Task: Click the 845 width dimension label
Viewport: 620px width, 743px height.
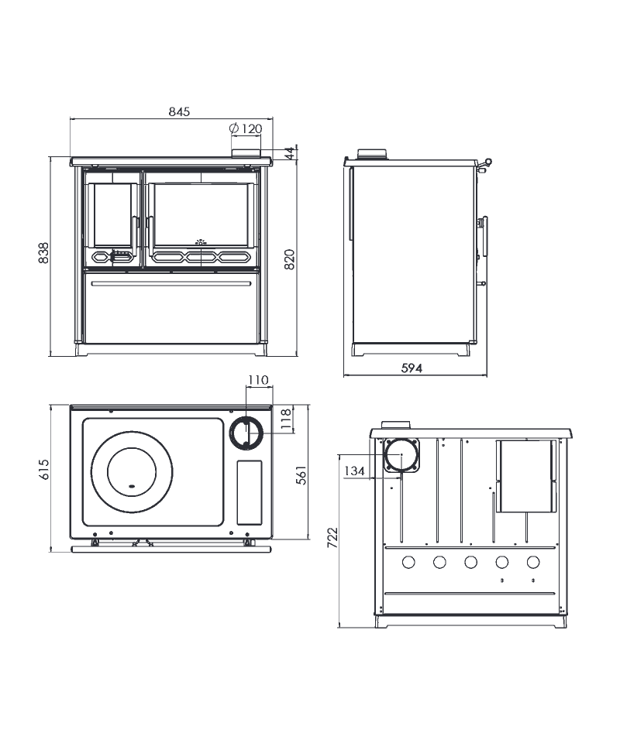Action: [x=179, y=111]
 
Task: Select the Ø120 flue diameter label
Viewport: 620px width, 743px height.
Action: [x=245, y=128]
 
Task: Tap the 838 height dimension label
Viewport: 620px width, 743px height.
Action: [x=43, y=253]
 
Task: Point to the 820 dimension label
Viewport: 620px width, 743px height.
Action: [x=289, y=259]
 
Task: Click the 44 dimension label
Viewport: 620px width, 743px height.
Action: [x=290, y=153]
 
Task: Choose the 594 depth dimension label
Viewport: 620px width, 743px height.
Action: [x=412, y=368]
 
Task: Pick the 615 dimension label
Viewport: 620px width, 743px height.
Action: [x=43, y=469]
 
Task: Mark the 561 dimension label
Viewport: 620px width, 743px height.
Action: [x=301, y=474]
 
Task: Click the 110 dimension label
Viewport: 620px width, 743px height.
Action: [x=258, y=379]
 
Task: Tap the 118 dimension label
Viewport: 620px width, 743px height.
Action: [x=285, y=419]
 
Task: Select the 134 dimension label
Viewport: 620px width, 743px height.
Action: [x=354, y=471]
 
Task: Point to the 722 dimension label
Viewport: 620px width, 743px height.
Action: [x=332, y=537]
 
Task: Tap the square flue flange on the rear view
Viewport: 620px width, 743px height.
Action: [x=401, y=455]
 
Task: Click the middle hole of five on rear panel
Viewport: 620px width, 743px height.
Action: [x=470, y=562]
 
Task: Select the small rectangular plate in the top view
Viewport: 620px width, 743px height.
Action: [x=250, y=492]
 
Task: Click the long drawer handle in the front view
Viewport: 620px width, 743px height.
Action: [x=171, y=284]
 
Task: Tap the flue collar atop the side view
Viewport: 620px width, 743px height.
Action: [x=372, y=155]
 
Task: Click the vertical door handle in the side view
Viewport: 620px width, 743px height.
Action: [x=484, y=239]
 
